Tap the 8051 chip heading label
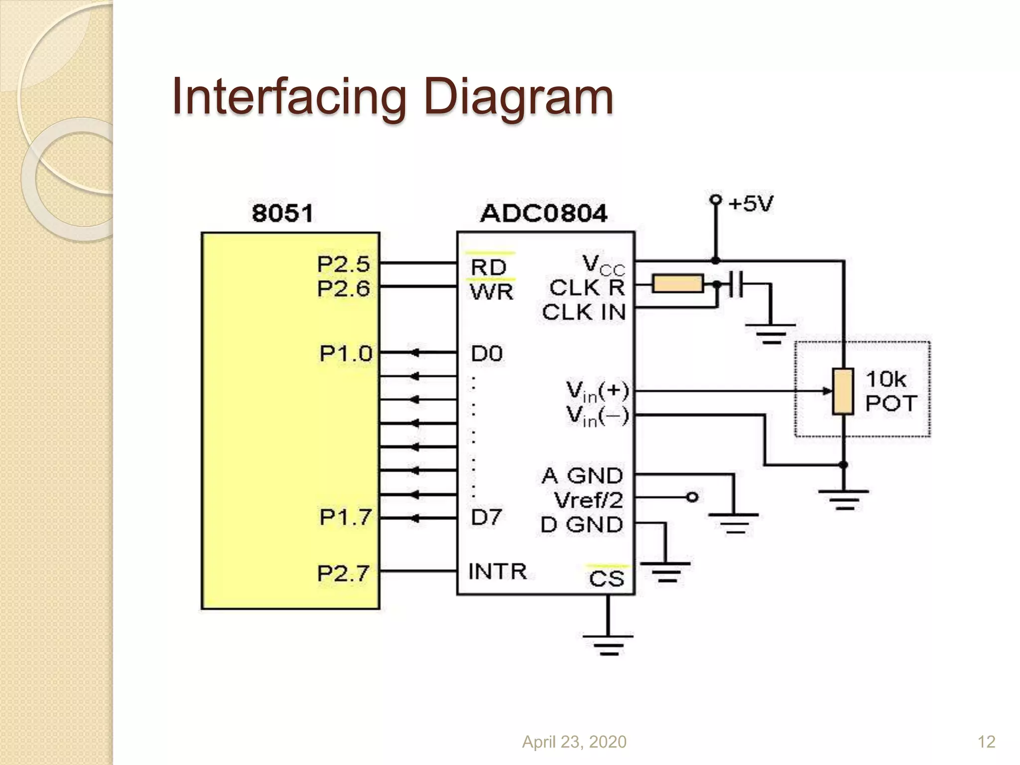(282, 214)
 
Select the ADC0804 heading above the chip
(543, 214)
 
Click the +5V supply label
(751, 204)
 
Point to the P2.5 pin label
(344, 264)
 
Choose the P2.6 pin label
(344, 288)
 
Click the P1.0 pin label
(346, 354)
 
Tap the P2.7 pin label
(344, 573)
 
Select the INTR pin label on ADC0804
(497, 571)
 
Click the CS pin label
(606, 579)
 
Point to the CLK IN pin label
(584, 312)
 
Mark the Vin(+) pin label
(597, 391)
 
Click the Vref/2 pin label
(588, 500)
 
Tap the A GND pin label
(582, 476)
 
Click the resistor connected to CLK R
(677, 284)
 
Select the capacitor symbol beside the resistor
(735, 284)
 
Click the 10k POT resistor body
(843, 391)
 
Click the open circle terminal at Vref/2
(692, 497)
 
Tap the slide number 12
(986, 742)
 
